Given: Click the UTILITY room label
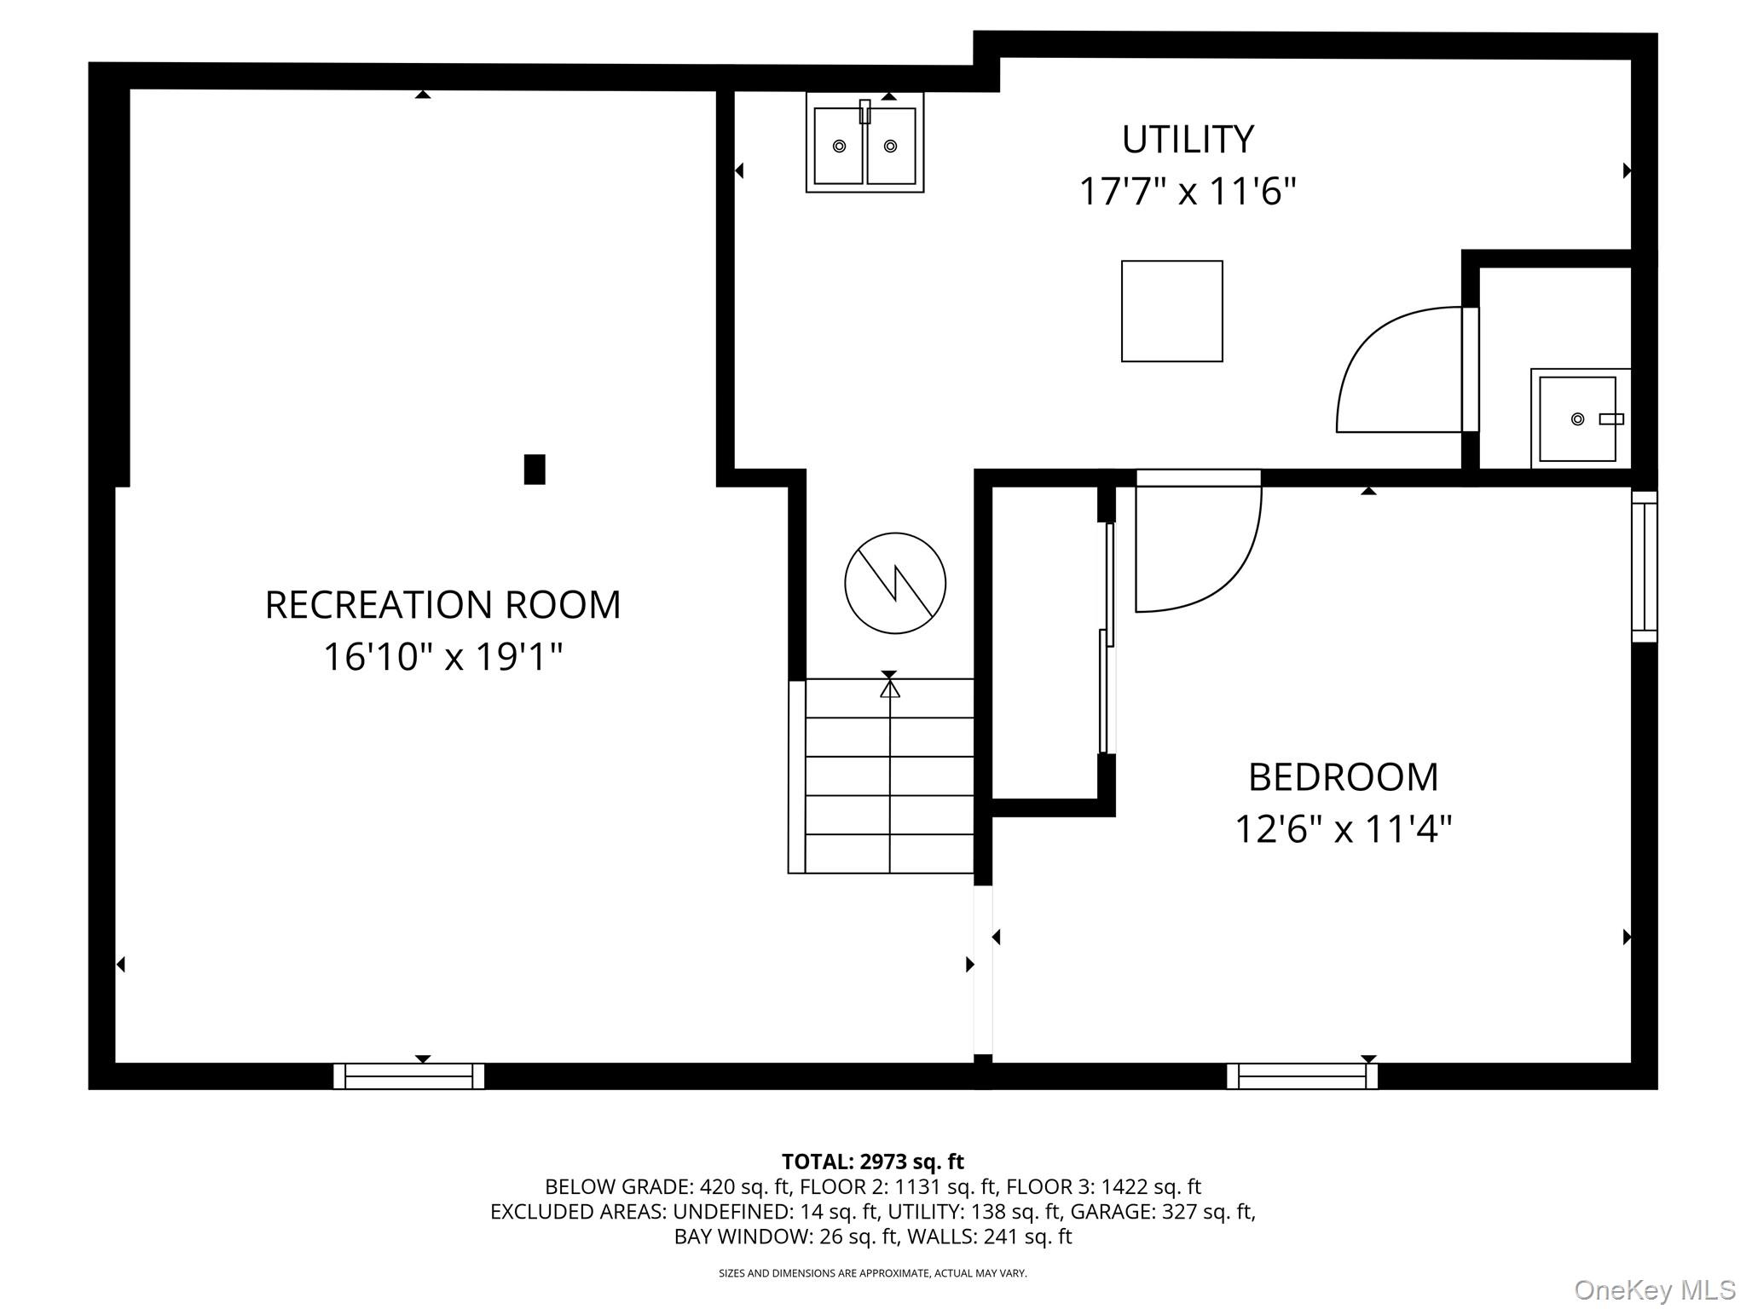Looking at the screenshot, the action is point(1187,140).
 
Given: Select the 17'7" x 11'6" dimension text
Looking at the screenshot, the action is point(1187,192).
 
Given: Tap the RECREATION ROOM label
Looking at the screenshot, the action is point(442,605).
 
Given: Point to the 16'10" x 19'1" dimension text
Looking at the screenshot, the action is point(442,657).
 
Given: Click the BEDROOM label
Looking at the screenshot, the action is point(1343,777).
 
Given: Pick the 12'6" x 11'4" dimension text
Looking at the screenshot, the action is point(1343,829).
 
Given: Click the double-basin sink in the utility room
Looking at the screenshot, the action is point(864,143).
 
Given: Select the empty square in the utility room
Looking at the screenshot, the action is point(1171,311).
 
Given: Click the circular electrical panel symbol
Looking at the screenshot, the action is point(895,584).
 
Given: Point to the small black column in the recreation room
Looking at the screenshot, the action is point(535,470).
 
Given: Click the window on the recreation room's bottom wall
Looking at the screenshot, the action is point(408,1076).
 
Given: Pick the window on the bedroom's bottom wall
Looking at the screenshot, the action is point(1302,1076).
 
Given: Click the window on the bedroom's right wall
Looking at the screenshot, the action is point(1645,567).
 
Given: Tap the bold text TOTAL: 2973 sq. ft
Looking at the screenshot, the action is point(872,1162).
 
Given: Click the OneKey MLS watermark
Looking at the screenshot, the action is point(1655,1290).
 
